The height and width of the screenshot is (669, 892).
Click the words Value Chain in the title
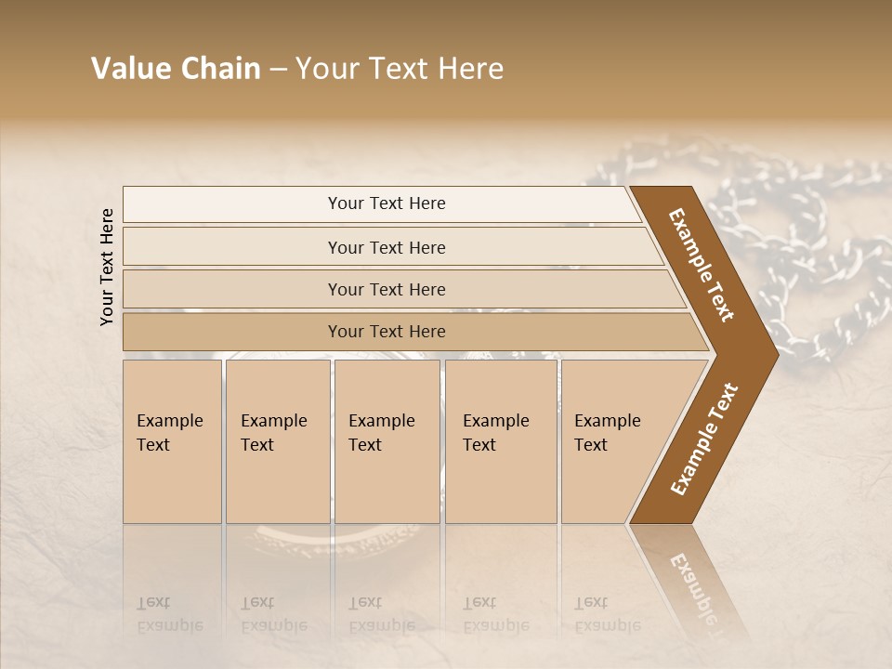tap(176, 69)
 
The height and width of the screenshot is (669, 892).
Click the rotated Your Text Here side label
tap(107, 267)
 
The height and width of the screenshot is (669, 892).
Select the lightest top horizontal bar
tap(232, 204)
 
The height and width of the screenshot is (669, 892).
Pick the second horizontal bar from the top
tap(232, 247)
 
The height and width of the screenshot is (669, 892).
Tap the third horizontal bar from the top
tap(232, 289)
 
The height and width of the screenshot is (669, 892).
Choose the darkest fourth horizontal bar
tap(232, 332)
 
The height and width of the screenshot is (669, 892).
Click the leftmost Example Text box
tap(172, 441)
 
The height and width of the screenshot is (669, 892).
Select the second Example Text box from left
tap(277, 441)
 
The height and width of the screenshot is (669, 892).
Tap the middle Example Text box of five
tap(387, 441)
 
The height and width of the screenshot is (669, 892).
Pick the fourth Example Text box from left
tap(500, 441)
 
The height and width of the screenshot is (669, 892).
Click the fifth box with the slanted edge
tap(613, 441)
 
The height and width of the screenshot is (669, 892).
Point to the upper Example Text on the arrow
tap(702, 265)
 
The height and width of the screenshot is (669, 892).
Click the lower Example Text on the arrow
tap(703, 439)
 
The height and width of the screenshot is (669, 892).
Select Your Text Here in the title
tap(400, 69)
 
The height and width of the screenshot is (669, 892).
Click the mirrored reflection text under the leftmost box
tap(169, 614)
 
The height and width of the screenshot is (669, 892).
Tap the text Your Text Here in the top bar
tap(387, 203)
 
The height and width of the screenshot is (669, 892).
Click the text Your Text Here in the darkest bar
tap(387, 332)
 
